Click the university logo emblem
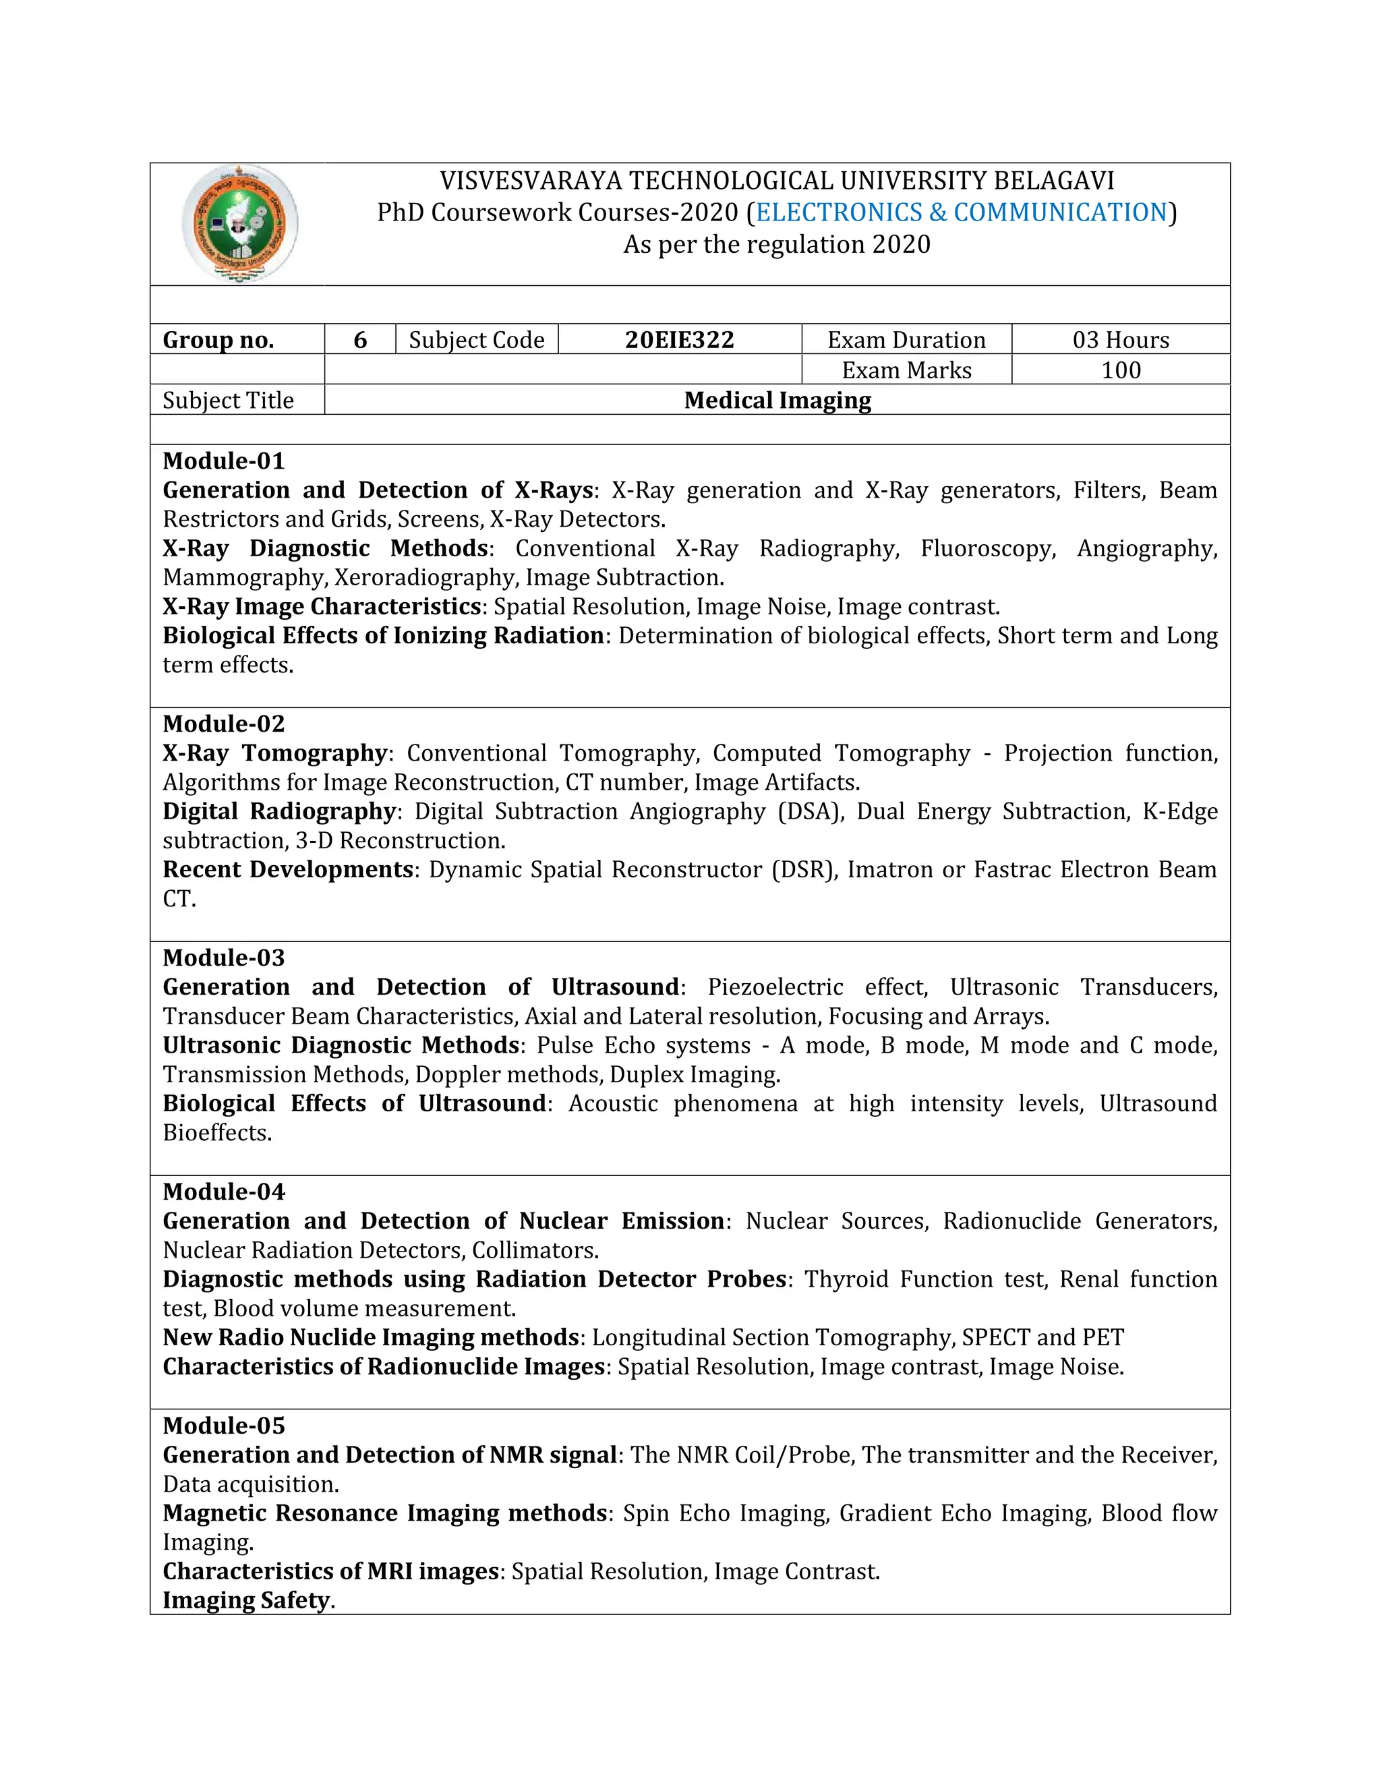pos(239,223)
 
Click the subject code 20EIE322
pos(679,340)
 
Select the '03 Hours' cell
pos(1120,340)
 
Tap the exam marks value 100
pos(1120,370)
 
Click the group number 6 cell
pos(360,340)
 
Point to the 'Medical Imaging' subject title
pos(777,400)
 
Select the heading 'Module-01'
pos(223,461)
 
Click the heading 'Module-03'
pos(223,958)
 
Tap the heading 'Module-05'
pos(223,1426)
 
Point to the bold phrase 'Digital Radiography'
pos(279,811)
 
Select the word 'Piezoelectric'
pos(775,987)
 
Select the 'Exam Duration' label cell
pos(906,340)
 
